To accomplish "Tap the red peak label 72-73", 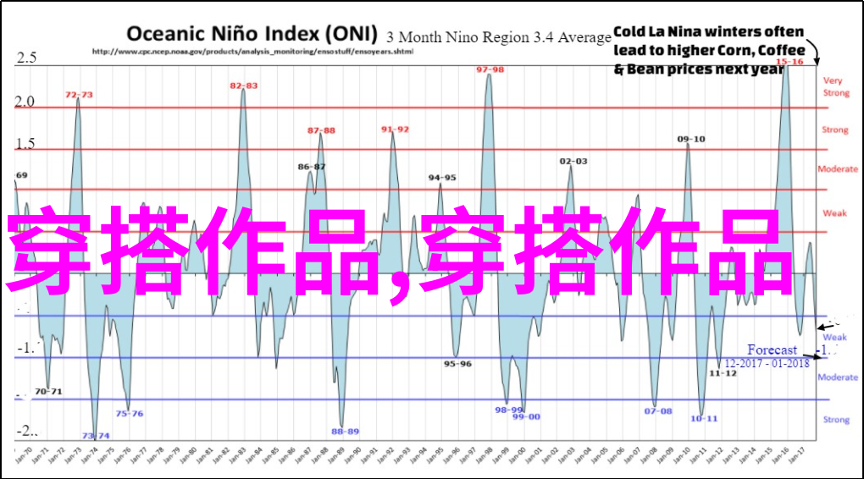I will tap(79, 94).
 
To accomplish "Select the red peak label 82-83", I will tap(244, 85).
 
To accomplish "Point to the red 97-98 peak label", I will tap(490, 69).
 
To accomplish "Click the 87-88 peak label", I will tap(321, 130).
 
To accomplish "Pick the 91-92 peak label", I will tap(395, 129).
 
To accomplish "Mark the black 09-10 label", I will tap(691, 139).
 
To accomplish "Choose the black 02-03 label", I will tap(573, 160).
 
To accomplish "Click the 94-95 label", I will tap(442, 178).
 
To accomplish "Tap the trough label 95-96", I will tap(458, 364).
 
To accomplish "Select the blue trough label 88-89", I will tap(345, 432).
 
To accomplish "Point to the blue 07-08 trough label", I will tap(657, 411).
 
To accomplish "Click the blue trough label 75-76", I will tap(130, 414).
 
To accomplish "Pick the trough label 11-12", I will tap(723, 372).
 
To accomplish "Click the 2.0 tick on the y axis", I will tap(25, 102).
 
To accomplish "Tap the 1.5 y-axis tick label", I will tap(25, 144).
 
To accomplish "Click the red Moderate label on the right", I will tap(837, 169).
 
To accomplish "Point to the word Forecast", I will tap(772, 350).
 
